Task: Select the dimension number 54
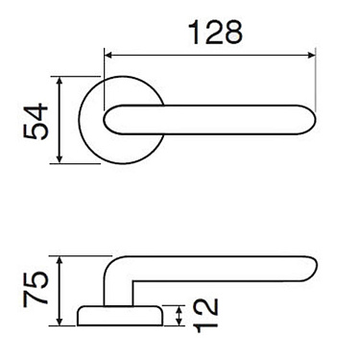(x=35, y=121)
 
